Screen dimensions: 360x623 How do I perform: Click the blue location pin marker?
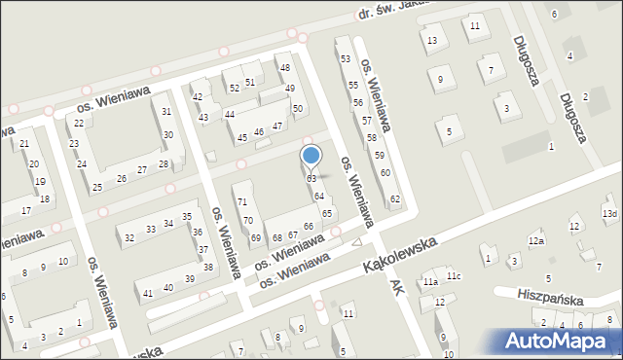click(x=311, y=156)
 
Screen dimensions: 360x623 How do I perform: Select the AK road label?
click(x=395, y=287)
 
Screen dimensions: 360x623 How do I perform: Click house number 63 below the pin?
click(x=311, y=179)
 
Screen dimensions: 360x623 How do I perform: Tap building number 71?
click(x=241, y=201)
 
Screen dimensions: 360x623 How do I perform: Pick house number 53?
click(x=346, y=59)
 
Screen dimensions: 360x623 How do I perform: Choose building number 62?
click(x=395, y=199)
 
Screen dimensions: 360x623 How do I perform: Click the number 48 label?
click(x=285, y=68)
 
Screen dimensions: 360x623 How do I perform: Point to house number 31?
click(x=166, y=112)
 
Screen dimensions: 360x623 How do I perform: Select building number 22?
click(x=79, y=124)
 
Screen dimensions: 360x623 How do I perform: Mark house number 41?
click(x=148, y=293)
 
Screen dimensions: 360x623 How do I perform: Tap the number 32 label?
click(x=128, y=238)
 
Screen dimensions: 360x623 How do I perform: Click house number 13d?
click(x=609, y=214)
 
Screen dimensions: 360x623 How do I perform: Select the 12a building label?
click(x=536, y=240)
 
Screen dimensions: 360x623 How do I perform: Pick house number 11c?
click(x=454, y=276)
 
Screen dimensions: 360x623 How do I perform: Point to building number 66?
click(x=309, y=227)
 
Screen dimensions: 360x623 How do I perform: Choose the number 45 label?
click(x=242, y=138)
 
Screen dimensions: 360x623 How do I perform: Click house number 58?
click(x=372, y=138)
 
